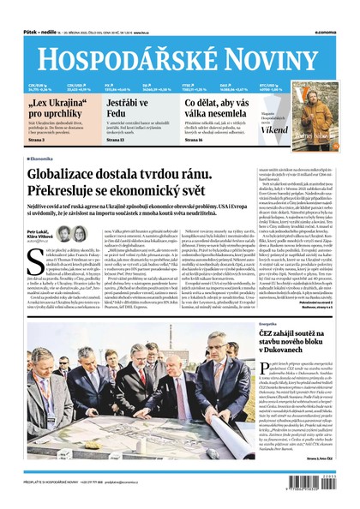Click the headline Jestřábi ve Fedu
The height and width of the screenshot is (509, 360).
pyautogui.click(x=123, y=110)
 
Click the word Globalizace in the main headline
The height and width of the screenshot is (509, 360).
pyautogui.click(x=66, y=173)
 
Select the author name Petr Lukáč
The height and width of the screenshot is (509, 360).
pyautogui.click(x=36, y=232)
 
